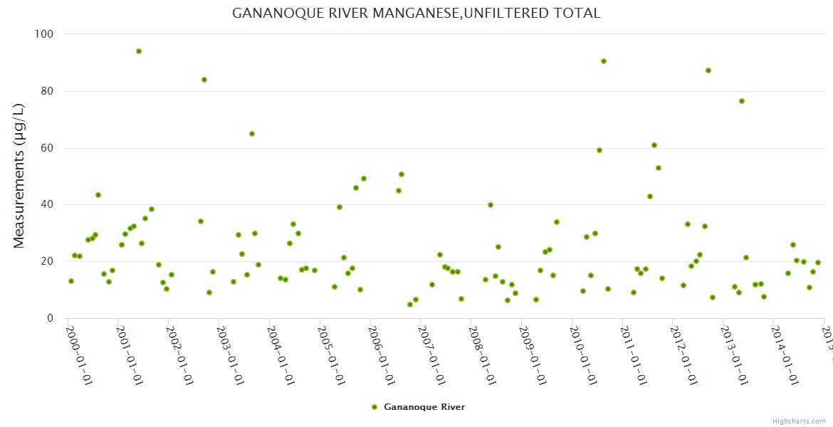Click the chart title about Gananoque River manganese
[x=416, y=13]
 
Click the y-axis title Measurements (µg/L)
[x=19, y=176]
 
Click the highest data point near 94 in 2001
[x=139, y=51]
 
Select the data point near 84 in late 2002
[x=204, y=80]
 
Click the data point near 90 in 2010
[x=604, y=61]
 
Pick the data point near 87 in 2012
[x=708, y=70]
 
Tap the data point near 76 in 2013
[x=742, y=101]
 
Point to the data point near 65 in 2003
[x=252, y=134]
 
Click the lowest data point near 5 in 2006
[x=410, y=305]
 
